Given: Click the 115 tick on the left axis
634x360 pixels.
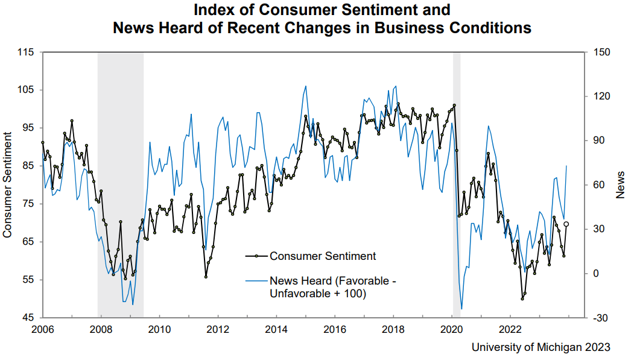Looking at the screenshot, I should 26,52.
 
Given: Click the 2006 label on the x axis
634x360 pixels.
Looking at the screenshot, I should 42,329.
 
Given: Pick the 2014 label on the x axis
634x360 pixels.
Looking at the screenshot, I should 276,329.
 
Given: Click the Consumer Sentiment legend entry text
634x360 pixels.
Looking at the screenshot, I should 323,256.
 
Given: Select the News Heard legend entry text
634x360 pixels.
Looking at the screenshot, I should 333,287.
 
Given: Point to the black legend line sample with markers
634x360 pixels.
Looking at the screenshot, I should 256,256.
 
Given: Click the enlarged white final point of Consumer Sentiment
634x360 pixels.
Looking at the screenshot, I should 566,224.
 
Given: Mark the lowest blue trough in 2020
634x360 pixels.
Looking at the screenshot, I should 461,309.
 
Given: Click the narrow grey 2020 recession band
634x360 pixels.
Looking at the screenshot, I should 457,181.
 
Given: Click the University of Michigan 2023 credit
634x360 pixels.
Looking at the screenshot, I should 540,347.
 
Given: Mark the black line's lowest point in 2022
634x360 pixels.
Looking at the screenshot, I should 522,298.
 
